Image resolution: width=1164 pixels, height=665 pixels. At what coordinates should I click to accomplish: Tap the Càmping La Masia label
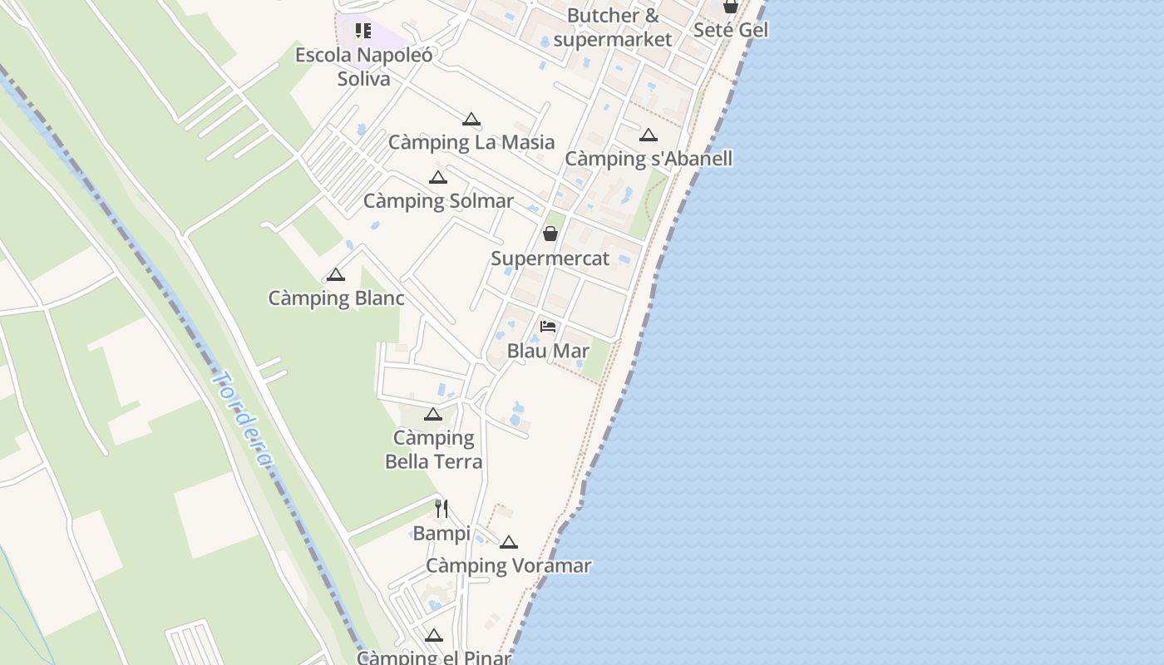tap(471, 142)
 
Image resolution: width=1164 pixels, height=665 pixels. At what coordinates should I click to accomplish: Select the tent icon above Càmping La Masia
tap(471, 120)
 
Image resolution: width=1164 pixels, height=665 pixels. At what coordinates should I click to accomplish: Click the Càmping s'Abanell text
tap(649, 158)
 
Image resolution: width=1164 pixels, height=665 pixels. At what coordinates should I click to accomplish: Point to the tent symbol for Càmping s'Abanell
tap(649, 135)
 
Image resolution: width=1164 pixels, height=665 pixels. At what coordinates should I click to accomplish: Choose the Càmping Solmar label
tap(438, 200)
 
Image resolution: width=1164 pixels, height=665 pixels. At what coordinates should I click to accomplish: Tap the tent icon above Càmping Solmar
tap(438, 178)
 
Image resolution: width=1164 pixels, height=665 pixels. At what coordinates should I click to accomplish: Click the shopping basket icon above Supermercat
tap(550, 234)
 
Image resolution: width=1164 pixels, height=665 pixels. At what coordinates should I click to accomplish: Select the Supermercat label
tap(550, 258)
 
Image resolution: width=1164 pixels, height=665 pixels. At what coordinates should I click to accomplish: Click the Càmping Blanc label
tap(336, 298)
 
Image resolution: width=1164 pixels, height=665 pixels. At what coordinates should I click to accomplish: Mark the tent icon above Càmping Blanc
tap(336, 275)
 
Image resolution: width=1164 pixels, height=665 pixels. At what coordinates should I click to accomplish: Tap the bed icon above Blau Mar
tap(548, 326)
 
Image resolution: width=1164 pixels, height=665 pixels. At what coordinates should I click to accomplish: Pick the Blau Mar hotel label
tap(548, 350)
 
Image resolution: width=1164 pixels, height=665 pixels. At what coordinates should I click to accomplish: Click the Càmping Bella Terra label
tap(433, 449)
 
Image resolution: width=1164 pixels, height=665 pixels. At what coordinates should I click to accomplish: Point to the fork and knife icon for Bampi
tap(441, 509)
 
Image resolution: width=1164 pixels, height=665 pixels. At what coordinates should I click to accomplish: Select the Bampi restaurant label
tap(441, 533)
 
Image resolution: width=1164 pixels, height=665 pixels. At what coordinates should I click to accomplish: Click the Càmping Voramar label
tap(508, 566)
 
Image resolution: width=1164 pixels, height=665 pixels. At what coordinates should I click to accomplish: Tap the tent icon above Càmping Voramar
tap(509, 543)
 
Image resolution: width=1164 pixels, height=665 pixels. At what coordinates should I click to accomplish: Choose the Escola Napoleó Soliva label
tap(364, 66)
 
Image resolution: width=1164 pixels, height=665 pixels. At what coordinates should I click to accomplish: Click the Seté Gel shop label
tap(731, 30)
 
